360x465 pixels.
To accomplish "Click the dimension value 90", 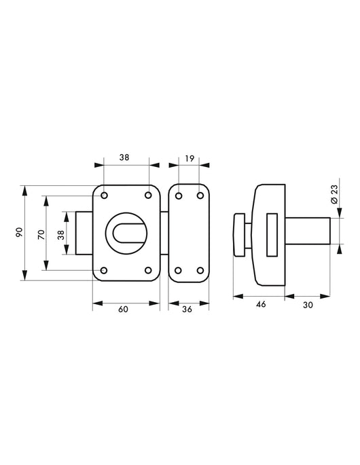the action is (19, 232).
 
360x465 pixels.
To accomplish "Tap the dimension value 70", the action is (41, 234).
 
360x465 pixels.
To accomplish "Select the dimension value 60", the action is (123, 310).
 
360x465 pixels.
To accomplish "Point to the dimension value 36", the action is (187, 310).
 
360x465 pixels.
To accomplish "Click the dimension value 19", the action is (190, 159).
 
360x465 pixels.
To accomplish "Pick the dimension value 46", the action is (261, 305).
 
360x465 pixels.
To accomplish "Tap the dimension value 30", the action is (308, 305).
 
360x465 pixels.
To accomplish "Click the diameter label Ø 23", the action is (334, 194).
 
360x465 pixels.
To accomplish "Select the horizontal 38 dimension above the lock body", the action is (124, 157).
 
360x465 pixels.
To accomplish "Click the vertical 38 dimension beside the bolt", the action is (61, 235).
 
